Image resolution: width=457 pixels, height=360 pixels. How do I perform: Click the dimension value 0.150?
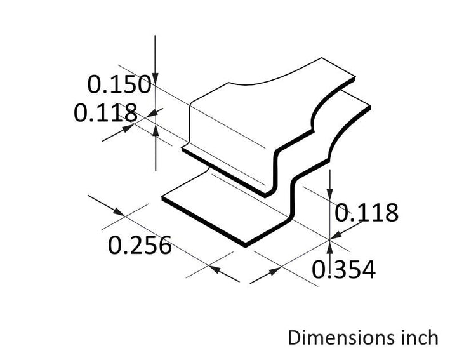(119, 84)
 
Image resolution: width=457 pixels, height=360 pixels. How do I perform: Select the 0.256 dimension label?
(140, 245)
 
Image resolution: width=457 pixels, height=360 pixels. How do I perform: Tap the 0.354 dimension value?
(343, 270)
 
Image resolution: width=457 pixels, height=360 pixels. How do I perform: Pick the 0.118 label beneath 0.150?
(105, 112)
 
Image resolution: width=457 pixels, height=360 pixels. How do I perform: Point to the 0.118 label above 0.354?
(366, 213)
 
